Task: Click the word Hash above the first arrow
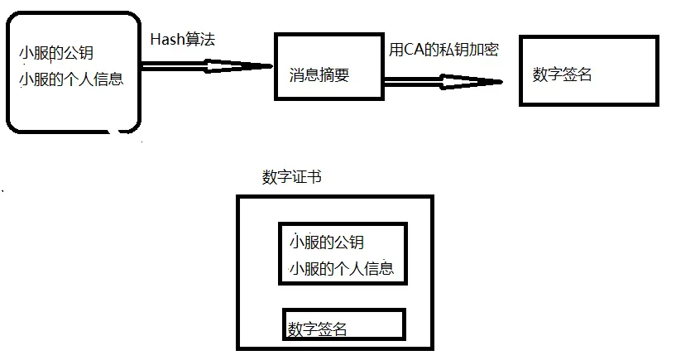click(168, 39)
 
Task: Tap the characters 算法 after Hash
click(200, 39)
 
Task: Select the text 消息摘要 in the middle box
click(319, 75)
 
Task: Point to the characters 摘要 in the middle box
click(334, 75)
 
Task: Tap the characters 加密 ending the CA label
click(484, 50)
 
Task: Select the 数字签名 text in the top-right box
click(562, 74)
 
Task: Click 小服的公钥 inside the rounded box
click(56, 53)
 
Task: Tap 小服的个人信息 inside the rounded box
click(71, 79)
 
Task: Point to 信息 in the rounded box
click(108, 79)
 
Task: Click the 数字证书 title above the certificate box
click(292, 177)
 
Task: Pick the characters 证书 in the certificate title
click(307, 177)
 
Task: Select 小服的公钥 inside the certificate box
click(327, 242)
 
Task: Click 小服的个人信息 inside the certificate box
click(342, 268)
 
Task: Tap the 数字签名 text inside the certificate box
click(317, 329)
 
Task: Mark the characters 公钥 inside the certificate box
click(349, 242)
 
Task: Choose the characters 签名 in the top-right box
click(578, 74)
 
